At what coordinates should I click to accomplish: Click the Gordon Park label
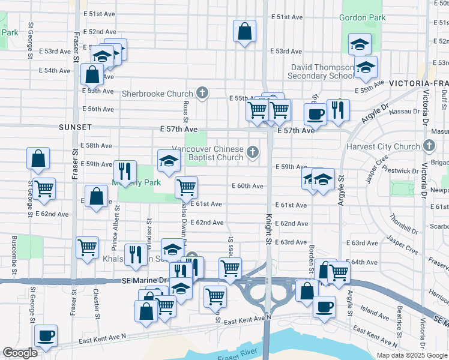(x=362, y=18)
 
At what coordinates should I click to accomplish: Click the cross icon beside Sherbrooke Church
(x=203, y=93)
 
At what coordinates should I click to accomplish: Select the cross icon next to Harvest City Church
(x=429, y=146)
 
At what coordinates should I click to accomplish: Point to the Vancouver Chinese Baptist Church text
(x=208, y=153)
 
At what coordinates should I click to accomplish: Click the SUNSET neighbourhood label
(x=75, y=128)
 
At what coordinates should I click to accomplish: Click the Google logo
(x=20, y=353)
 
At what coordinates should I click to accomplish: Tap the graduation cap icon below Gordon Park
(x=360, y=44)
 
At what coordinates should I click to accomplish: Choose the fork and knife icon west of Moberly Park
(x=125, y=172)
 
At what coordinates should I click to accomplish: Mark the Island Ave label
(x=375, y=313)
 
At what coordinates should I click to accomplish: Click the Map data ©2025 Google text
(x=412, y=355)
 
